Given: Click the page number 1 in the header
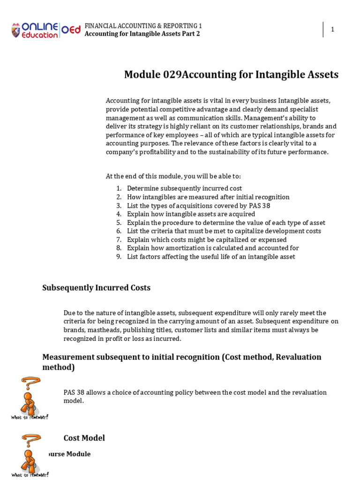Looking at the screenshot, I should [332, 30].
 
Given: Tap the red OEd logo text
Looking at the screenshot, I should [71, 30].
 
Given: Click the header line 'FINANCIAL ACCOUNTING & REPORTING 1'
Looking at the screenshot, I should [143, 25].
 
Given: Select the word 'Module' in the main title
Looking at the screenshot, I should [142, 75].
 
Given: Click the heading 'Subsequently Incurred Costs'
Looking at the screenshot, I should [97, 288].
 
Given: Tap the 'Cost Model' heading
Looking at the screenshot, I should [84, 438].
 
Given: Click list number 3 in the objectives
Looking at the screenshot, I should [119, 206].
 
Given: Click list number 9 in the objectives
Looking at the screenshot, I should [119, 256].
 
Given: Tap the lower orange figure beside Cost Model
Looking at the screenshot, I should [29, 453].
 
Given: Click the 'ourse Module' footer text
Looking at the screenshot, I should [69, 454].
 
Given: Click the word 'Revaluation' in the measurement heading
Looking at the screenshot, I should [299, 357].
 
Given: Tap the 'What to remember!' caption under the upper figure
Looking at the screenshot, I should [29, 417].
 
